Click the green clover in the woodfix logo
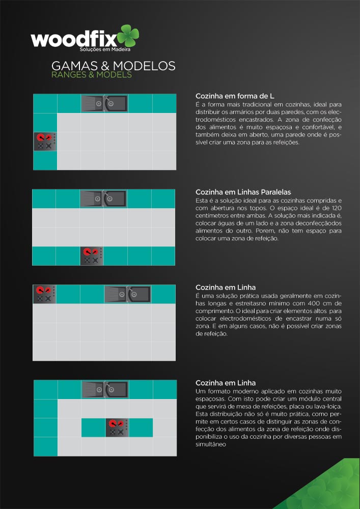tap(128, 36)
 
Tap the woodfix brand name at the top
tap(74, 40)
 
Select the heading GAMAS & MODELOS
tap(113, 66)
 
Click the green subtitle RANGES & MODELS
tap(92, 75)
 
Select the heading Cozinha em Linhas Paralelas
tap(243, 192)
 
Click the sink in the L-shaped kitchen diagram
tap(104, 103)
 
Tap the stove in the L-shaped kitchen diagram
tap(45, 142)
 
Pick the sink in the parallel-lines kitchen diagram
tap(103, 199)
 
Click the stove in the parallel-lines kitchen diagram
tap(92, 256)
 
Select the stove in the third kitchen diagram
tap(44, 294)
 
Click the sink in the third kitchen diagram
tap(128, 294)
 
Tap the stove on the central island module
tap(117, 428)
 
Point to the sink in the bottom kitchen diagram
tap(105, 389)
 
